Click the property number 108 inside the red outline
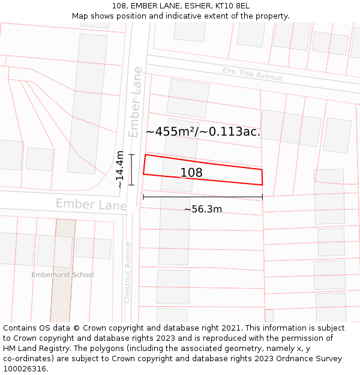coord(191,173)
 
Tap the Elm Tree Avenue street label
coord(252,74)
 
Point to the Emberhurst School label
coord(63,275)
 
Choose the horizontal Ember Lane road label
coord(91,205)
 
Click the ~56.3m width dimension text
coord(203,209)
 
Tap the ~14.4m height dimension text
coord(120,170)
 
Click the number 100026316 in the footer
coord(26,368)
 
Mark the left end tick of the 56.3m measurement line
coord(143,196)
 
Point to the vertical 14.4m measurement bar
coord(131,170)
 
